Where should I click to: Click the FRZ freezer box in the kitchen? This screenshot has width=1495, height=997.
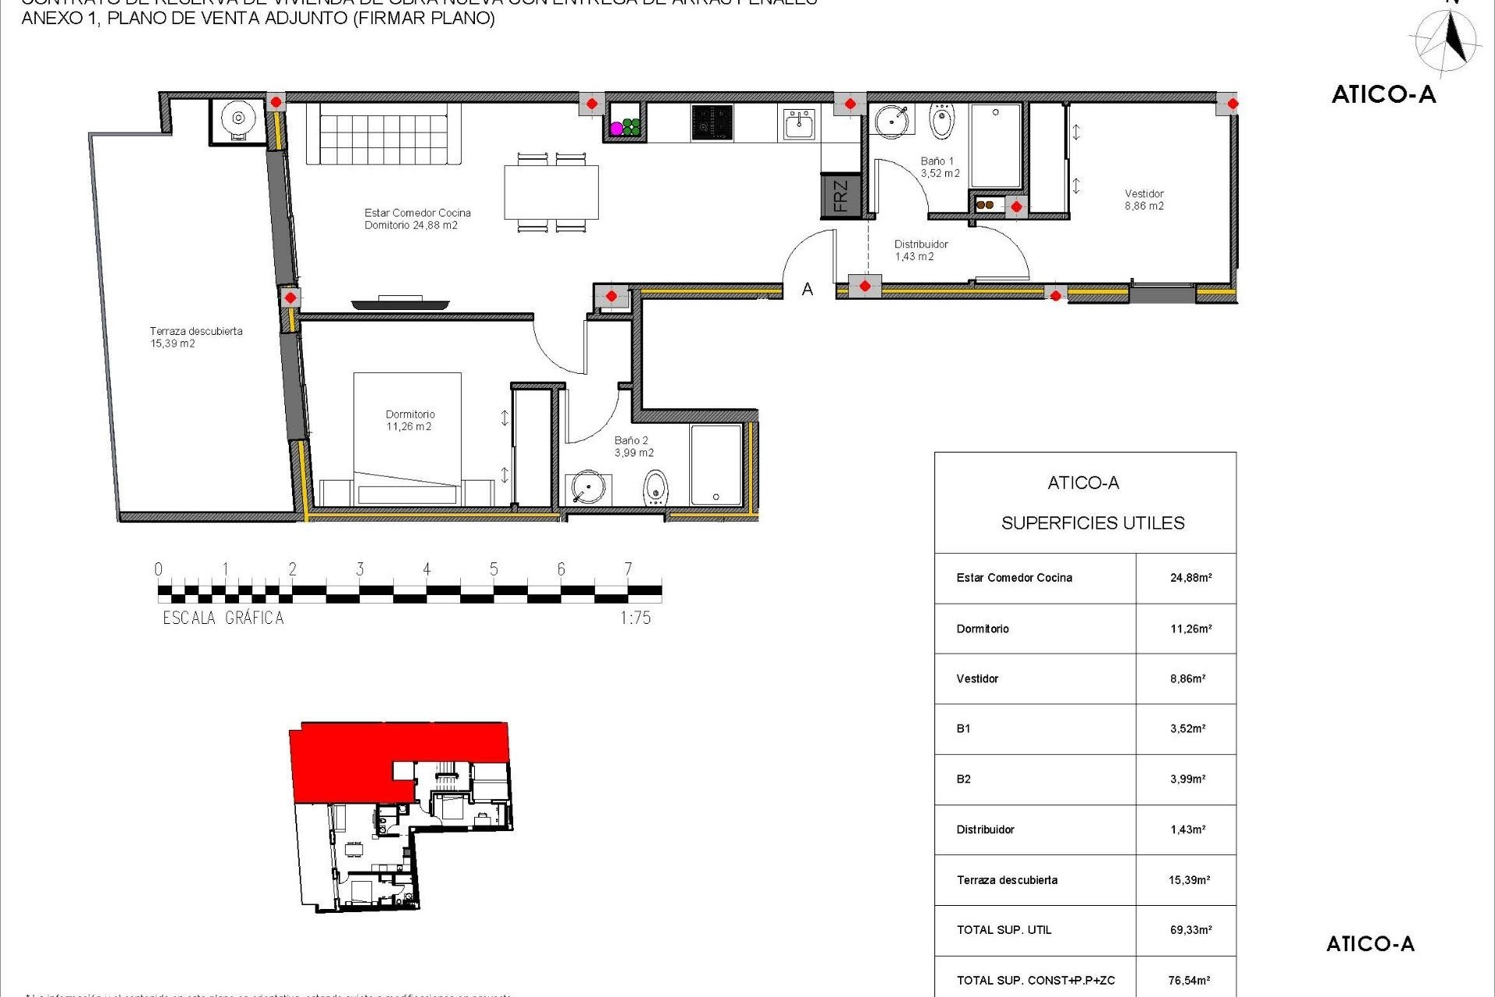point(841,196)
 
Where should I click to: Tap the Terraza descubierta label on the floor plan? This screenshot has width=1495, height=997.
point(195,337)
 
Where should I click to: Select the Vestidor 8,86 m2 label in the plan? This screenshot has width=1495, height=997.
point(1144,200)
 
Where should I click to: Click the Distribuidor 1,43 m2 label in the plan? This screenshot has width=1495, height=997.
point(920,250)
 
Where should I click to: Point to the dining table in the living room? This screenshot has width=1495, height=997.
point(551,192)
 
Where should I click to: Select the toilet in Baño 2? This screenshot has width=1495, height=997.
point(656,488)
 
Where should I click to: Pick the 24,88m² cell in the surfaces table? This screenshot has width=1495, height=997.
point(1191,578)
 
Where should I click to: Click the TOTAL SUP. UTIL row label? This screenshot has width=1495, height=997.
point(1004,930)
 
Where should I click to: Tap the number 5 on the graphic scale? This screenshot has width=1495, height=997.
point(494,569)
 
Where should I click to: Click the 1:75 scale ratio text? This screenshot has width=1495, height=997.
point(635,618)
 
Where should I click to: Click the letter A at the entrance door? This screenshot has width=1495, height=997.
point(807,290)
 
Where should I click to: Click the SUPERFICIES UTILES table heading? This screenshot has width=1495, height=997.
point(1092,523)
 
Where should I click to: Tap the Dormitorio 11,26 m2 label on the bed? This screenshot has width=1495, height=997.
point(410,421)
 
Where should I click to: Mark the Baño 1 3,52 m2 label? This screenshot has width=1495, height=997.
point(939,167)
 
